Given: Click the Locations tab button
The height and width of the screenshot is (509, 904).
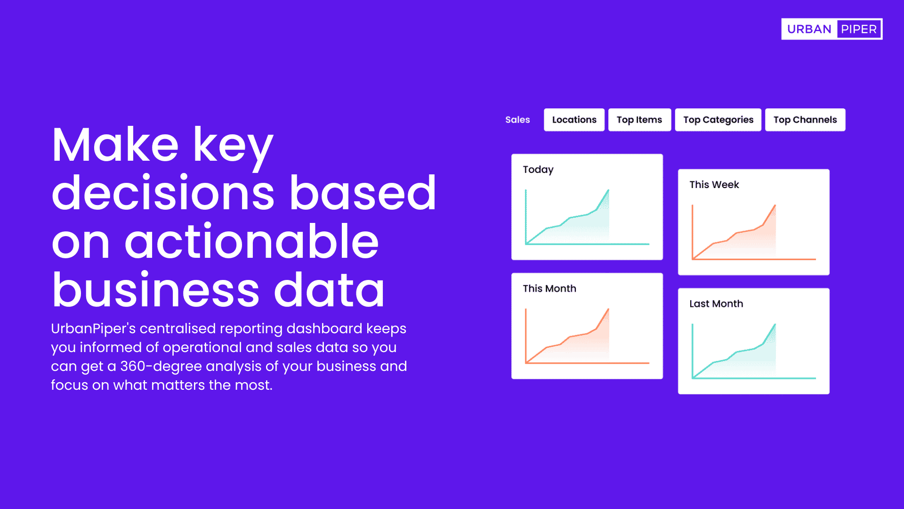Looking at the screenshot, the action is [574, 120].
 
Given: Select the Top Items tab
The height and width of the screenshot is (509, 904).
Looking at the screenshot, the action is [639, 120].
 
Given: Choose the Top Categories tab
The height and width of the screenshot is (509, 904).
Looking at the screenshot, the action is [718, 120].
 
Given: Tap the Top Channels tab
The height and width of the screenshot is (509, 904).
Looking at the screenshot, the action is [805, 120].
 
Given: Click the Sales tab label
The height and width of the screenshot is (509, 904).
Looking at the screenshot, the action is [517, 120].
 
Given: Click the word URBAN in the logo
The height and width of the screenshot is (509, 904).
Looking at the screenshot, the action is [809, 29].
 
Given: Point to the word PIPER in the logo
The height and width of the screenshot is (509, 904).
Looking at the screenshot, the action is [859, 29].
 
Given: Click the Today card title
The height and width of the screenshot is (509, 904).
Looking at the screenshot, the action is [538, 170].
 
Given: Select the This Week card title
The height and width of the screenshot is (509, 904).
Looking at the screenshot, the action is [714, 185].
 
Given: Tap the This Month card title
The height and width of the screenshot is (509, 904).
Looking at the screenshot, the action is [549, 288].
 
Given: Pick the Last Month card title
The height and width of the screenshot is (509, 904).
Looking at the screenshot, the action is [716, 304].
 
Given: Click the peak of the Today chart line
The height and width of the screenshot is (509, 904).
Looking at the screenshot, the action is [608, 190].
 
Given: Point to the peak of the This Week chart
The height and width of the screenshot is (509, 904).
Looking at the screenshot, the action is [775, 205].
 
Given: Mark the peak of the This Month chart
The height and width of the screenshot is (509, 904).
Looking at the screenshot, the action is [608, 309].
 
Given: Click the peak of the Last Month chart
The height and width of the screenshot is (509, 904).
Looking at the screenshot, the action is [775, 324].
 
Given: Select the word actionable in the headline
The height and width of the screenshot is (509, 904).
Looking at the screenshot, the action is [251, 241].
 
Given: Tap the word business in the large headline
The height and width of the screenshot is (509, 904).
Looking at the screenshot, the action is [156, 290].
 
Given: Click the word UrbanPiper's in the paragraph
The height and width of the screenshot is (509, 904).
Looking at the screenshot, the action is [93, 328].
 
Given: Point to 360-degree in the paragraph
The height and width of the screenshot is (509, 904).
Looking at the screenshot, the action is [161, 366].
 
